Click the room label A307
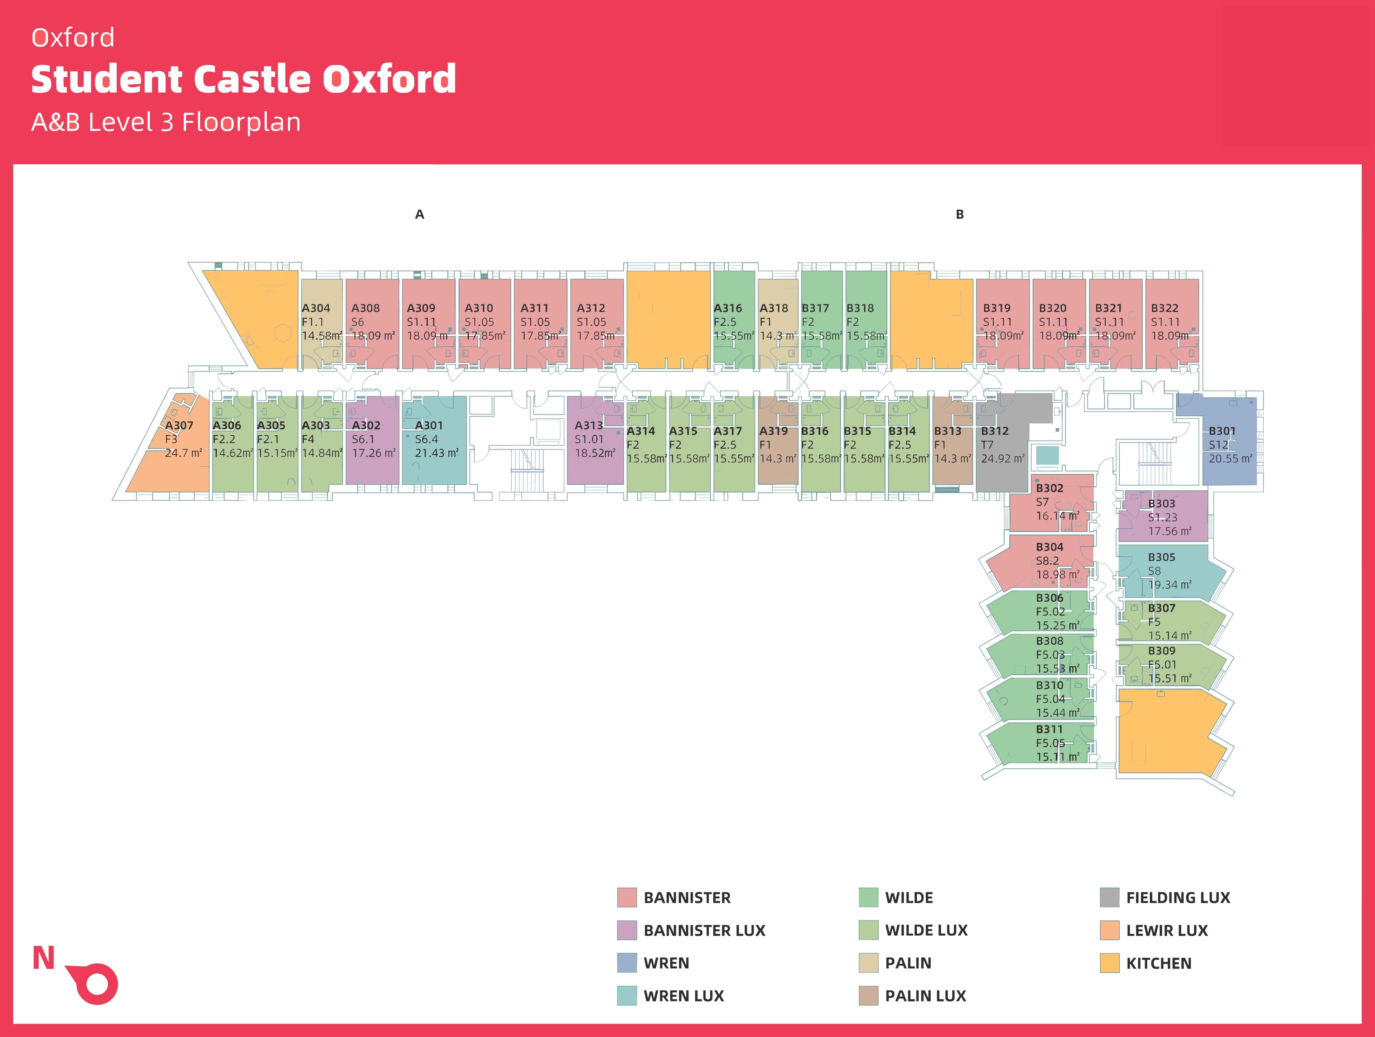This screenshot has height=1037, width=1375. [x=179, y=426]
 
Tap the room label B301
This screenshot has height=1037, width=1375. [x=1222, y=431]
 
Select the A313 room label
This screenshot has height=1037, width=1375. [x=589, y=426]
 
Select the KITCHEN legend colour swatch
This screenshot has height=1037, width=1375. [x=1110, y=963]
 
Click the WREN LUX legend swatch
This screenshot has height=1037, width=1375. [x=627, y=996]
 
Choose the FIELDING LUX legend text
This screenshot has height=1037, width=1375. [x=1178, y=898]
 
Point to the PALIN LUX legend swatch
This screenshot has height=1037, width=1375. [x=868, y=996]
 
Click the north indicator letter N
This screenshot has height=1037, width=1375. [x=44, y=958]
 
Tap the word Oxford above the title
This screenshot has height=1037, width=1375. [x=73, y=38]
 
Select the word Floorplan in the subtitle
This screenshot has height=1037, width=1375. [x=241, y=122]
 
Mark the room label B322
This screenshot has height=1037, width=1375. [x=1164, y=308]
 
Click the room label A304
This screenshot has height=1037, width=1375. [x=316, y=308]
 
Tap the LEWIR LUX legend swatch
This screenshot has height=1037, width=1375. [x=1110, y=930]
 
